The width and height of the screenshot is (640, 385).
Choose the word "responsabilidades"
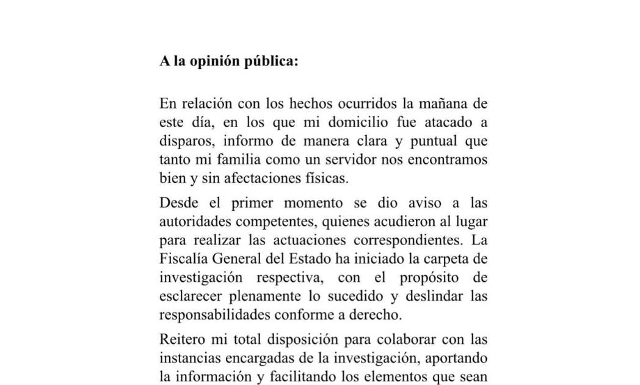tap(215, 315)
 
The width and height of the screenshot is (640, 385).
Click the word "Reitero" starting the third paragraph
tap(181, 339)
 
